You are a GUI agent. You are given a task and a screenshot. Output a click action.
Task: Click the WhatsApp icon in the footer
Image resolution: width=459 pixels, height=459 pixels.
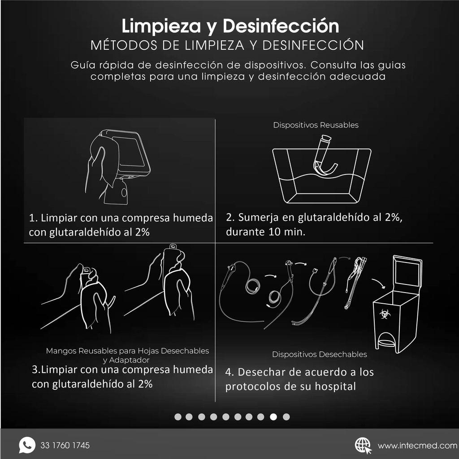[27, 445]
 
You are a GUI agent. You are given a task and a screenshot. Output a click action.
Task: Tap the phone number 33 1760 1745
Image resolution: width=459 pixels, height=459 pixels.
[65, 446]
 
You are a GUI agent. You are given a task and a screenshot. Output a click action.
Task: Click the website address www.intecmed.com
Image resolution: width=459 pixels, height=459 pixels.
[417, 446]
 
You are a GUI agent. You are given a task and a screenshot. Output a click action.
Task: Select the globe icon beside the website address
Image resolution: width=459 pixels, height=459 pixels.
[363, 445]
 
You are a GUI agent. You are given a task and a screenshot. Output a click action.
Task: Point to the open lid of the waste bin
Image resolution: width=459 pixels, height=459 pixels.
[407, 273]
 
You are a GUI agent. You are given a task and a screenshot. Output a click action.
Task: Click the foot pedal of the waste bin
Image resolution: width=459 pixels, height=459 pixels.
[386, 343]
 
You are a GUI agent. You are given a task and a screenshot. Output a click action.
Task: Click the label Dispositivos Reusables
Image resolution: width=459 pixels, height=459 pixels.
[316, 125]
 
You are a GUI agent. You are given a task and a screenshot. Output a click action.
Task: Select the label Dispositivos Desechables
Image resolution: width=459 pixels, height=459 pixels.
[319, 354]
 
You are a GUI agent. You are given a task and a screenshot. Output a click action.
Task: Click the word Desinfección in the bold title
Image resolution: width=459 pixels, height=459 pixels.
[281, 26]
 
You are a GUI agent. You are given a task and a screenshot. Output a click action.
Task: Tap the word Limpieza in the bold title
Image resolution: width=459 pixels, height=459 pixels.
[162, 26]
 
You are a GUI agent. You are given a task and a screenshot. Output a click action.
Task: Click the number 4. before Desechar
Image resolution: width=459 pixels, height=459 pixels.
[229, 372]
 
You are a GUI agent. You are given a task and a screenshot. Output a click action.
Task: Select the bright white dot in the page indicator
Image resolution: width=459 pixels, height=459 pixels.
[273, 417]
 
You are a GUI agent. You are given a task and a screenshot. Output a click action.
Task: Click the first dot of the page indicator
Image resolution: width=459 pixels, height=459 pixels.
[178, 417]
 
